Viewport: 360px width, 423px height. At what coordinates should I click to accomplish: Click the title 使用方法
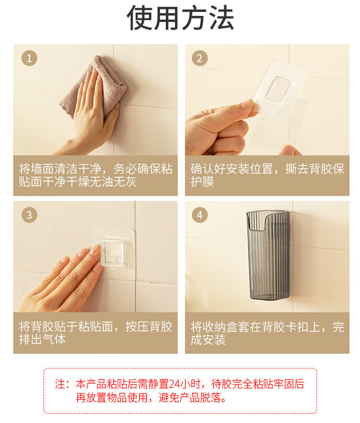click(x=180, y=18)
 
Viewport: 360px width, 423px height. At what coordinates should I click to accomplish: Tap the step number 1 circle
click(x=29, y=58)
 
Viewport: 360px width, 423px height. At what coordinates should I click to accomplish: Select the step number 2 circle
click(x=200, y=58)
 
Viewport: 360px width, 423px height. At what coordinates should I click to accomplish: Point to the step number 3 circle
click(x=29, y=215)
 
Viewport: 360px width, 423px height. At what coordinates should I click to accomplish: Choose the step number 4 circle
click(x=200, y=215)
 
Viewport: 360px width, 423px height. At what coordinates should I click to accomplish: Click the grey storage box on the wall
click(x=268, y=255)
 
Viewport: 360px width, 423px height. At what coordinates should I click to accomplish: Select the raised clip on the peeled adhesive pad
click(x=278, y=89)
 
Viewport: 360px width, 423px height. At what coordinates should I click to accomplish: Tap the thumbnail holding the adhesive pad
click(x=246, y=104)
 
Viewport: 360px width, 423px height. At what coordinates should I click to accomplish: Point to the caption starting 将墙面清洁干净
click(x=96, y=175)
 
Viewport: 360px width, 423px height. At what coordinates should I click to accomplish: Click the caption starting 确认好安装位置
click(x=267, y=175)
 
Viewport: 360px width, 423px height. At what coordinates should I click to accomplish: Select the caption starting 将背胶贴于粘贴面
click(x=96, y=333)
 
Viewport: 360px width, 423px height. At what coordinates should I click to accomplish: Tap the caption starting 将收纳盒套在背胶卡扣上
click(x=267, y=333)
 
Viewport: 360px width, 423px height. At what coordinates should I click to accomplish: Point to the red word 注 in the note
click(x=60, y=384)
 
